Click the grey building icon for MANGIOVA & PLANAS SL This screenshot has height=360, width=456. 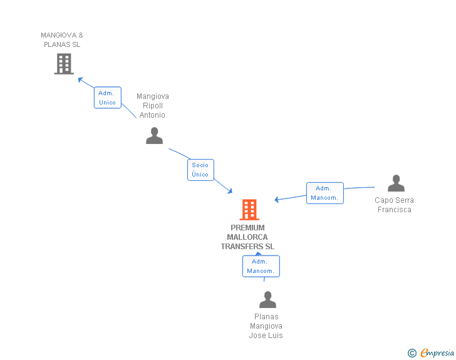tap(64, 63)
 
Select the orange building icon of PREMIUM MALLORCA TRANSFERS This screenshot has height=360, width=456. tap(249, 209)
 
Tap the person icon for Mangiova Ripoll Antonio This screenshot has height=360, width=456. tap(154, 135)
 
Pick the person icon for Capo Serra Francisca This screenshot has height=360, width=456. tap(396, 183)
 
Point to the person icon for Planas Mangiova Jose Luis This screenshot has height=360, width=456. tap(267, 299)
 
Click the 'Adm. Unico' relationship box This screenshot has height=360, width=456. tap(107, 98)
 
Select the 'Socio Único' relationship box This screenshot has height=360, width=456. tap(200, 170)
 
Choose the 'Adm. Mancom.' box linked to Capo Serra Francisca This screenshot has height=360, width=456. tap(324, 193)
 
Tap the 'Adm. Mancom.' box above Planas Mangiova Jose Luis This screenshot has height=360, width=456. tap(261, 266)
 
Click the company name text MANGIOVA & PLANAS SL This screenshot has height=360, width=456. tap(62, 40)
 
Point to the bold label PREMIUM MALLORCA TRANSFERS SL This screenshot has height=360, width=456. tap(247, 237)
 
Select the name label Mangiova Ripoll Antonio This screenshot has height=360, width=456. tap(153, 106)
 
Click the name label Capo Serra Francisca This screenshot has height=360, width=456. tap(395, 205)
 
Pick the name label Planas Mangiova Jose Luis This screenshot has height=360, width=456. tap(266, 326)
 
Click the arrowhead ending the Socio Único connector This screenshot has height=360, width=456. tap(231, 191)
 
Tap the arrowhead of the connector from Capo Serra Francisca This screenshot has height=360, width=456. tap(277, 200)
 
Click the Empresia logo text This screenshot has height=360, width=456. tap(437, 353)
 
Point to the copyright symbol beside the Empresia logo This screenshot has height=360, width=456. tap(412, 353)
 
